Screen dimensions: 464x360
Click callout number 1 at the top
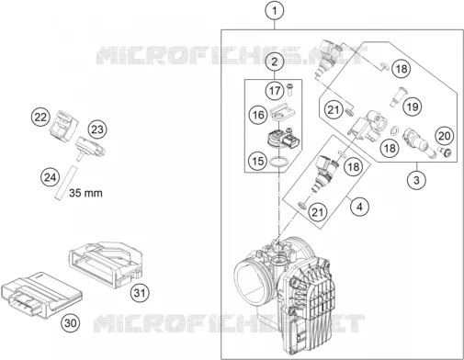click(x=275, y=11)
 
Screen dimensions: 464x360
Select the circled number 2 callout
click(x=275, y=62)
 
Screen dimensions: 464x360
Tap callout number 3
click(x=416, y=180)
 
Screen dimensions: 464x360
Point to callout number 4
click(x=359, y=207)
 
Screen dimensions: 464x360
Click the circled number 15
click(x=258, y=161)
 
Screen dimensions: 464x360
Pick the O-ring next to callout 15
click(x=278, y=162)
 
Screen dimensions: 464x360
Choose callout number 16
click(x=258, y=115)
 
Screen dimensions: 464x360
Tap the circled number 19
click(x=413, y=107)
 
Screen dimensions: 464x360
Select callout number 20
click(x=445, y=136)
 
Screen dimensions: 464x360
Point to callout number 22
click(x=40, y=118)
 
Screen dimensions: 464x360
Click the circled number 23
click(x=97, y=129)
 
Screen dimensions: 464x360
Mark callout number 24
click(x=50, y=177)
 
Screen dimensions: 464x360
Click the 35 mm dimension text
click(x=85, y=193)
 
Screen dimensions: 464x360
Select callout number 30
click(x=71, y=323)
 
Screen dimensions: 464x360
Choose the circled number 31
click(x=140, y=293)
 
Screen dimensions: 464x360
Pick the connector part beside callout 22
click(x=63, y=127)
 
